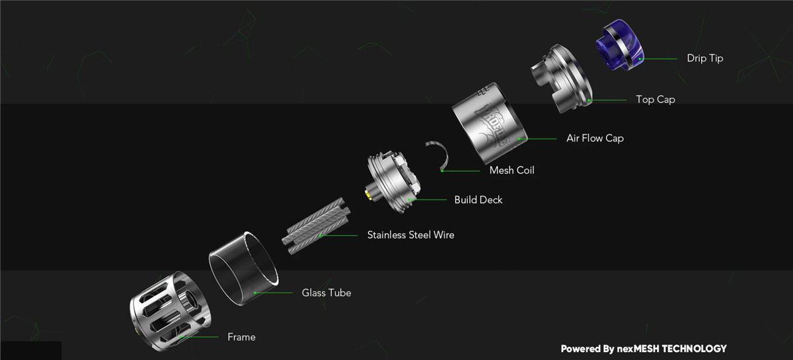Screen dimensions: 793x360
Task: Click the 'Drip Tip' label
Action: (x=705, y=58)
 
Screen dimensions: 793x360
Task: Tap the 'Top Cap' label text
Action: (x=656, y=100)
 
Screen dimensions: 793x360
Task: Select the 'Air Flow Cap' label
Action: (x=595, y=138)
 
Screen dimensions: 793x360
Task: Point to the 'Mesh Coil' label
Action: (x=511, y=170)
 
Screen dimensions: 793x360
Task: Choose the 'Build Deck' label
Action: (x=478, y=199)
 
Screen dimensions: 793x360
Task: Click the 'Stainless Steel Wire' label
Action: (x=410, y=234)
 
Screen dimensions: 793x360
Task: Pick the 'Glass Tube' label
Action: (x=326, y=293)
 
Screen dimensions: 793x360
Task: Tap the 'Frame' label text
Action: (x=241, y=337)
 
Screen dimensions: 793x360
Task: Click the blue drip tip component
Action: (x=620, y=45)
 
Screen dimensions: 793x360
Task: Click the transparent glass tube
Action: (x=244, y=268)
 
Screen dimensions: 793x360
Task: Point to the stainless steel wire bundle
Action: (x=316, y=226)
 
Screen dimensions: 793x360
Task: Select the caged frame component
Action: (x=170, y=312)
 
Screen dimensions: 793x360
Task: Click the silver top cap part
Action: (x=561, y=79)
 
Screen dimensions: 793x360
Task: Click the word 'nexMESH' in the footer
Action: (x=638, y=349)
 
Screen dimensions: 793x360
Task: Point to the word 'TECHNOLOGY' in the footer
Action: (x=695, y=349)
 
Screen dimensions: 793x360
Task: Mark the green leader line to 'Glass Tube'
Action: (x=274, y=293)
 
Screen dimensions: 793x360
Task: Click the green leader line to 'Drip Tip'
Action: (x=658, y=59)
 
